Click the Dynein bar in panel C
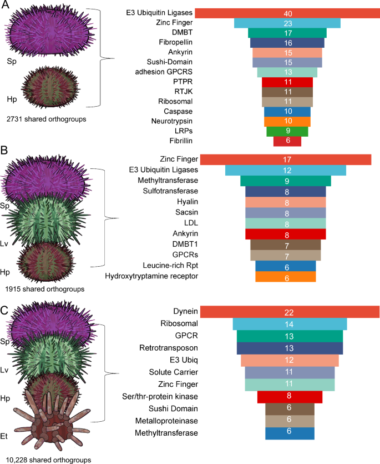point(290,312)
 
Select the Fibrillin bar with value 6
point(287,141)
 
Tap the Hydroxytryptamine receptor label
point(151,276)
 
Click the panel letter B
point(4,151)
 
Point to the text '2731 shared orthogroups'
point(47,119)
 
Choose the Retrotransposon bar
point(290,348)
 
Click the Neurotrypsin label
point(171,121)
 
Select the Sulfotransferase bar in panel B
point(286,192)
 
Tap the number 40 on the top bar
point(288,13)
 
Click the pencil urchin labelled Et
point(51,417)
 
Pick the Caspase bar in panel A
point(287,112)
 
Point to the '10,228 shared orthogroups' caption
point(48,460)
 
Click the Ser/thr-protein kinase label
point(160,397)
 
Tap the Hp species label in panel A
point(12,99)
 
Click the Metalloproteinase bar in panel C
point(290,421)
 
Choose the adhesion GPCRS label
point(164,72)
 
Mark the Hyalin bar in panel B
point(286,202)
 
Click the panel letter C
point(4,311)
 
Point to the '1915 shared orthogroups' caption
point(44,289)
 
